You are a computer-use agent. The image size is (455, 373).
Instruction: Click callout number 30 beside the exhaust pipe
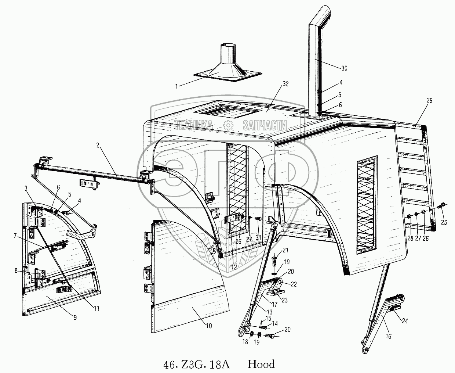point(344,68)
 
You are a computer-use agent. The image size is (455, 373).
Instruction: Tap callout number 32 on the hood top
point(285,84)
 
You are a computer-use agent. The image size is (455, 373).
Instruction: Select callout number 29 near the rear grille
point(429,100)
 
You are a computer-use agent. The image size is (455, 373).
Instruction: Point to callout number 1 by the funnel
point(176,86)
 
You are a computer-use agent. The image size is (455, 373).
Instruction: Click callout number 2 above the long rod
point(98,146)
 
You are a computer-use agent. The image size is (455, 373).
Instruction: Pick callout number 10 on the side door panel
point(209,326)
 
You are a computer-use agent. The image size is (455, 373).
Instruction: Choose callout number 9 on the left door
point(75,318)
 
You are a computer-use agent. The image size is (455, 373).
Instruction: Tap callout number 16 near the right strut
point(388,336)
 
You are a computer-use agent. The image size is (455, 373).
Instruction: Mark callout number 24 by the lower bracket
point(405,321)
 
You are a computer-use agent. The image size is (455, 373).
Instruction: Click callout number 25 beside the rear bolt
point(444,222)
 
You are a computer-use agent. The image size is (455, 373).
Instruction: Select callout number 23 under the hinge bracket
point(285,300)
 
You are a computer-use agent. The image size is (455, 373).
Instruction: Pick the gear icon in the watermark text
point(228,125)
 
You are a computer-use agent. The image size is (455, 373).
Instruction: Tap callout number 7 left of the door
point(15,236)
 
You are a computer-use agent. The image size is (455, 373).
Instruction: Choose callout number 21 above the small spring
point(285,250)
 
